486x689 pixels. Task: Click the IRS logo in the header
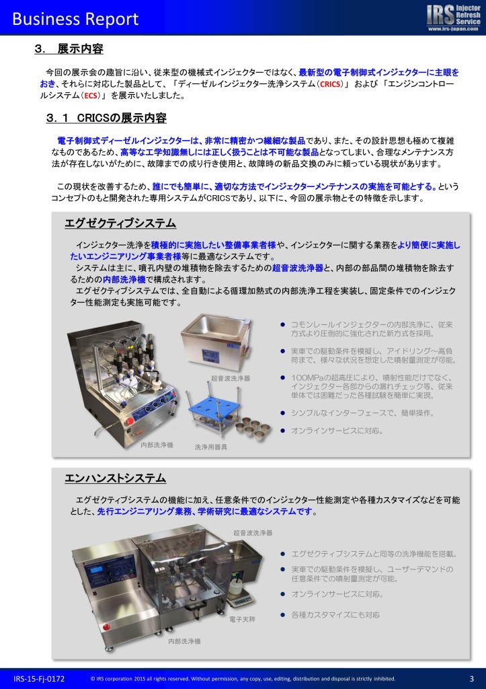coord(453,17)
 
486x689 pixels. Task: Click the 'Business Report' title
coord(75,19)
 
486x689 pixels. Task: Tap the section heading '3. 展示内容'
coord(69,48)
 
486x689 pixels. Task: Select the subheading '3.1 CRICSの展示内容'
coord(106,118)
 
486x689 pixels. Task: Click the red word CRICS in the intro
coord(330,84)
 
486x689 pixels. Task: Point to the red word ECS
coord(91,96)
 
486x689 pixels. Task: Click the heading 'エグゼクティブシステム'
coord(120,223)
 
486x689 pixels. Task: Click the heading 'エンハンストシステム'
coord(116,478)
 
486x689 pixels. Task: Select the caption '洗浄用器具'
coord(211,447)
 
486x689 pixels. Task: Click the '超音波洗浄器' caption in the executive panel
coord(231,378)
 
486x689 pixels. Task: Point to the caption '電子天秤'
coord(242,619)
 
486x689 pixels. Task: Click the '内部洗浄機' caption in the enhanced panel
coord(184,641)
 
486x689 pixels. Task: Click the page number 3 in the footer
coord(472,679)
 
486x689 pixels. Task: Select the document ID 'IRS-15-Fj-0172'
coord(39,679)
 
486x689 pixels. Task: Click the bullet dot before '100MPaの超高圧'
coord(283,377)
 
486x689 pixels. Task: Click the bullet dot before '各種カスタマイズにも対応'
coord(283,615)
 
